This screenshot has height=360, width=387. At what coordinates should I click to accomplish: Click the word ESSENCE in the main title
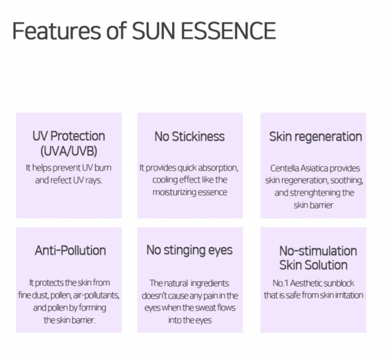click(x=229, y=31)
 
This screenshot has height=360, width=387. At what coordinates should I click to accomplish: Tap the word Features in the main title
click(x=57, y=31)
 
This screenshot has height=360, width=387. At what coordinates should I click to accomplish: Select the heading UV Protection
click(x=69, y=136)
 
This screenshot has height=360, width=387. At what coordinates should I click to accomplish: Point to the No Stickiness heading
click(x=190, y=137)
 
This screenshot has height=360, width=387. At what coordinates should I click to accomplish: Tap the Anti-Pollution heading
click(x=70, y=250)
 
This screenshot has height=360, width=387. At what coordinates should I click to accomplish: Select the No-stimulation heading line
click(x=318, y=251)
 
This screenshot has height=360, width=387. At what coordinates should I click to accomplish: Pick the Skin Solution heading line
click(x=313, y=265)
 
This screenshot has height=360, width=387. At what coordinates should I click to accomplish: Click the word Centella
click(x=282, y=168)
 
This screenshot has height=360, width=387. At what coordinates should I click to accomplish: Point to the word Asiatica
click(x=311, y=168)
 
